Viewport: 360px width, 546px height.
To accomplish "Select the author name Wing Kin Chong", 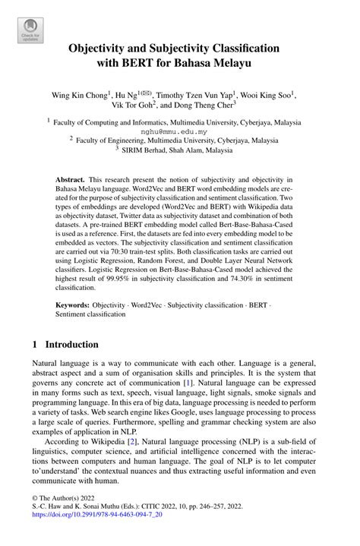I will [x=79, y=96].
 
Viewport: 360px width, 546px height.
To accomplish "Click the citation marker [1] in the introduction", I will [x=198, y=385].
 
